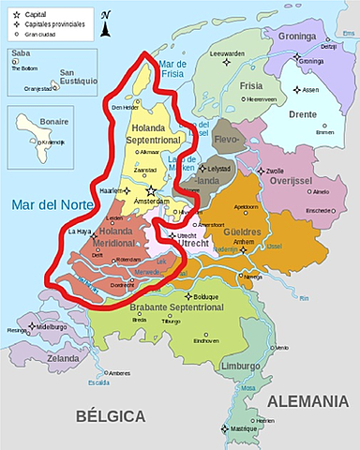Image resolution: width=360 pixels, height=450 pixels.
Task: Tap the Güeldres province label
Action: [x=241, y=231]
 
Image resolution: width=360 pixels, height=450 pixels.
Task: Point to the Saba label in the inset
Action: [x=21, y=54]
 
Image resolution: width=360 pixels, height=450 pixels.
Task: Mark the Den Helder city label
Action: [x=125, y=108]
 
